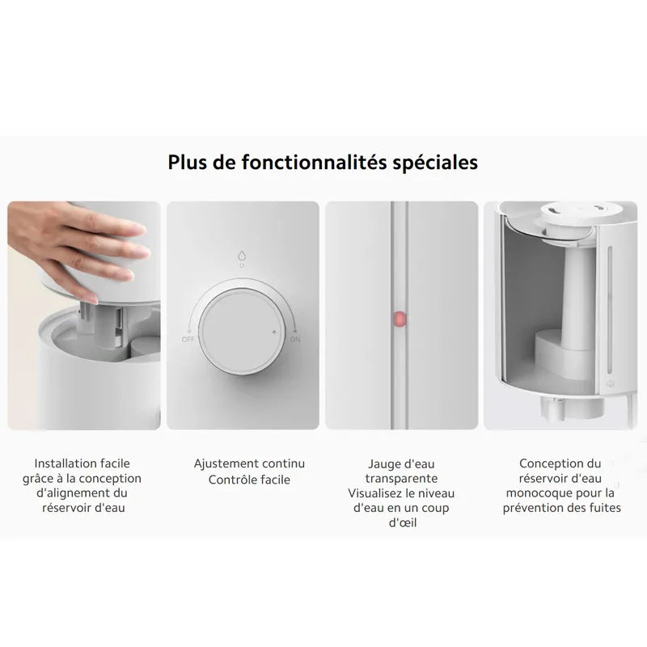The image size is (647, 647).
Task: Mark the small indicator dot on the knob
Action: click(x=274, y=332)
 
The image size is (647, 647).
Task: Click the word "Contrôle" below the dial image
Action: click(x=228, y=480)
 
